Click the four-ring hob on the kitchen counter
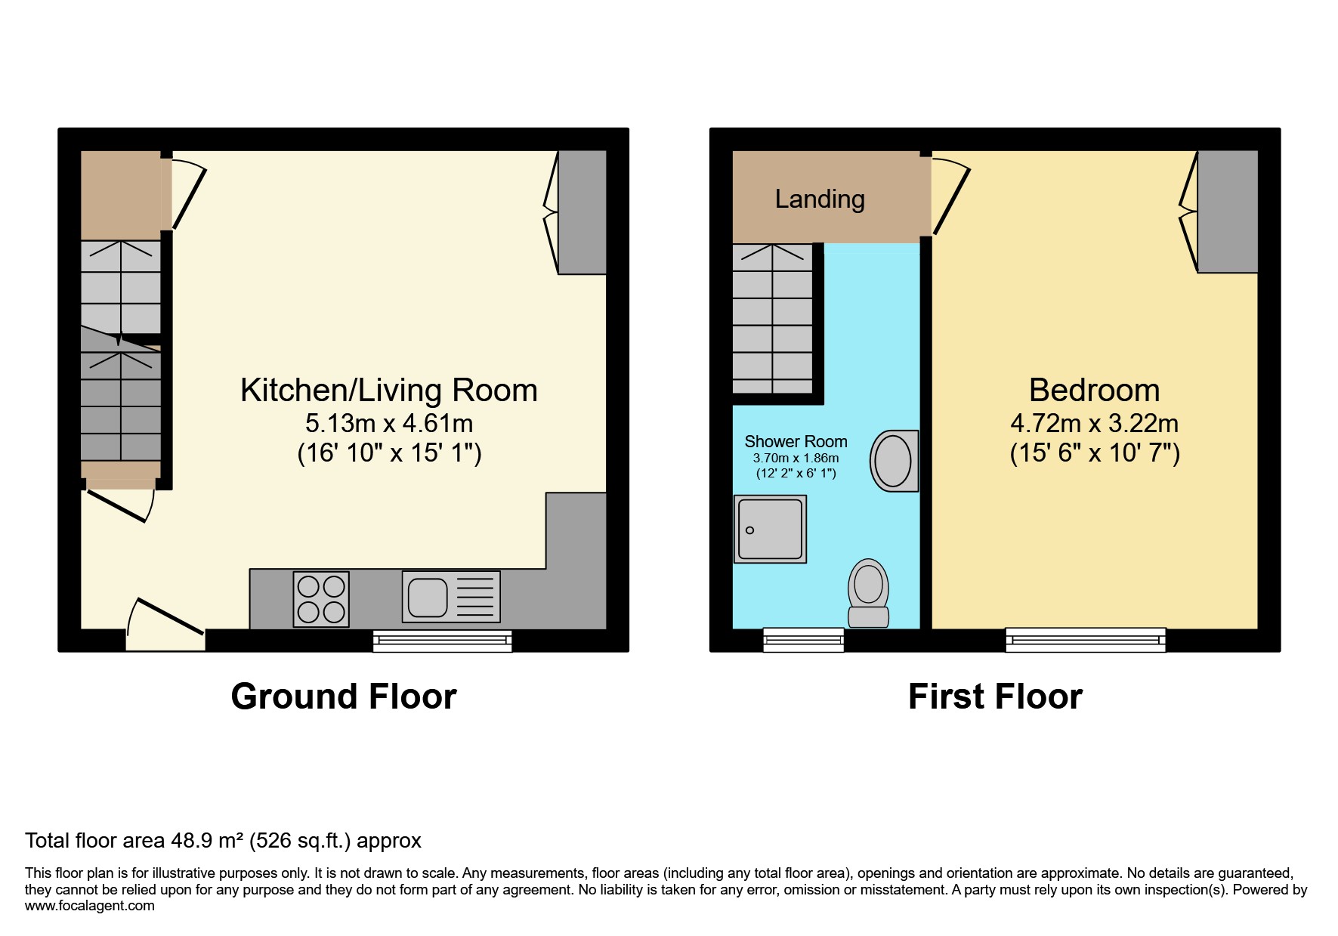coord(321,599)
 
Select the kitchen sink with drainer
coord(451,597)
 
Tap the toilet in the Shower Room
coord(868,593)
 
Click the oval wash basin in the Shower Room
coord(895,461)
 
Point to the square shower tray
coord(770,529)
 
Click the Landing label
coord(820,199)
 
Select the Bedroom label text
coord(1094,390)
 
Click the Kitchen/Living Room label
coord(389,390)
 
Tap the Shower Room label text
coord(796,441)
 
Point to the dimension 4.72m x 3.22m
coord(1094,423)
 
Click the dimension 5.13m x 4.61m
coord(389,423)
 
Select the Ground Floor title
coord(344,697)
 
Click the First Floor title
coord(995,697)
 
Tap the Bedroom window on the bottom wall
coord(1086,640)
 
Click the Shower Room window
coord(803,640)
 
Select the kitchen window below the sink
coord(442,641)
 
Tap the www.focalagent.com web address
coord(90,906)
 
